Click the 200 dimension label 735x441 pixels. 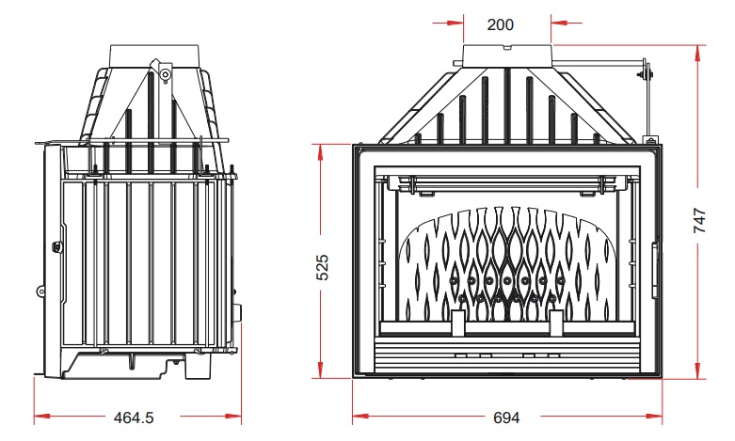point(500,24)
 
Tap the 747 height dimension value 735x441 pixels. point(699,220)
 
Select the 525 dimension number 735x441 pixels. point(323,267)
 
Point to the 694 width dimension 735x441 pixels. point(506,417)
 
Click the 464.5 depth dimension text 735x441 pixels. point(134,417)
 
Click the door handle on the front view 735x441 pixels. point(655,270)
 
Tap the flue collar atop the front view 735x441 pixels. point(507,55)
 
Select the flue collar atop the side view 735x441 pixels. point(154,56)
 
